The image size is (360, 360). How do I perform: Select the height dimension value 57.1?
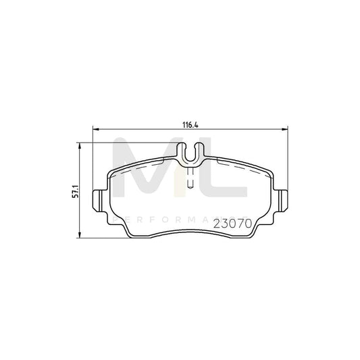click(76, 192)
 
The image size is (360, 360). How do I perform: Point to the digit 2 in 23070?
click(218, 222)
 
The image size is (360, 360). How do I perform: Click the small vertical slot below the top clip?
click(191, 178)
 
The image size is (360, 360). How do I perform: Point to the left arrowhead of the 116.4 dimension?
click(95, 130)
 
